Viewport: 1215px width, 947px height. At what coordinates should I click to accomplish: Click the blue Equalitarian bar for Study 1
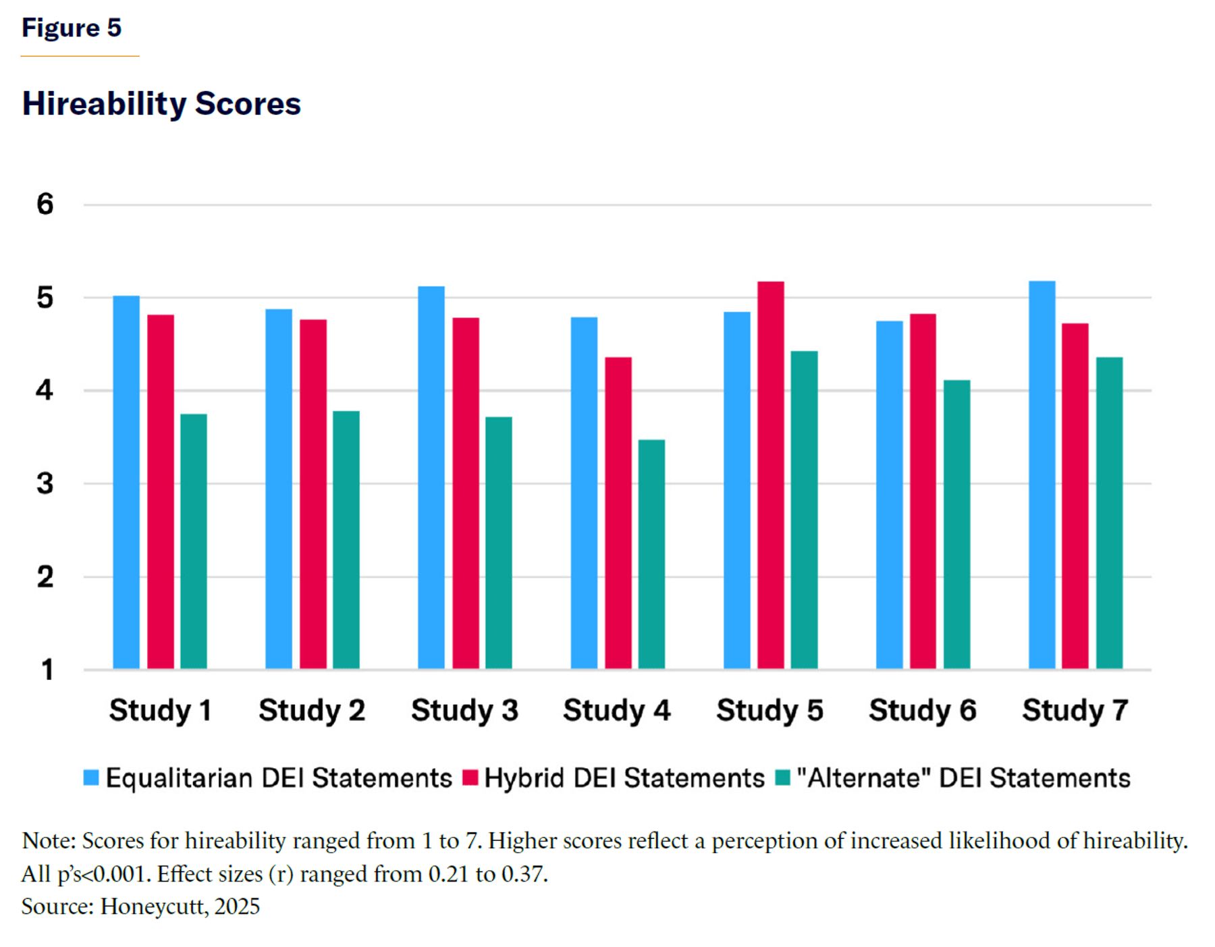point(126,482)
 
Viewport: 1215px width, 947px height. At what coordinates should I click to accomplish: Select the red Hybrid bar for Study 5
point(770,475)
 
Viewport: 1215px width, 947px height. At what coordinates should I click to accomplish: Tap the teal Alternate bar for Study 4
point(651,554)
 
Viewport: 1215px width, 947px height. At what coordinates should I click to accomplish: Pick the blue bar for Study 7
point(1042,475)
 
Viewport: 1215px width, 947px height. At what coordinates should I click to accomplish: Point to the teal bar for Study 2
point(346,540)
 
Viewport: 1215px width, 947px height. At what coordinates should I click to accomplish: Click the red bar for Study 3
point(466,493)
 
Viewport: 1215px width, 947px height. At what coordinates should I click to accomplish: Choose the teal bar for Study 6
point(956,524)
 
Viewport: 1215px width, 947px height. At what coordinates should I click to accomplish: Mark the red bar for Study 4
point(618,513)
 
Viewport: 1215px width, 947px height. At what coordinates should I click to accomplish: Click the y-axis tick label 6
point(45,204)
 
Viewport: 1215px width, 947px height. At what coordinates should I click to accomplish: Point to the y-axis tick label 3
point(45,483)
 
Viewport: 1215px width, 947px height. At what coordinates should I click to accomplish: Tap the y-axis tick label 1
point(47,670)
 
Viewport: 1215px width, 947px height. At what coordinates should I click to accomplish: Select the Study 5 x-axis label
point(769,710)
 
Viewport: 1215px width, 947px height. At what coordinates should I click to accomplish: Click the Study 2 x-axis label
point(312,710)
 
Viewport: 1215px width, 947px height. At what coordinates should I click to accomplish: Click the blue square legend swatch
point(91,778)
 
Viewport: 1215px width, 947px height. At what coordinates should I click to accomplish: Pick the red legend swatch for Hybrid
point(470,778)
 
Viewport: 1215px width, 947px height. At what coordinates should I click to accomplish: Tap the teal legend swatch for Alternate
point(782,778)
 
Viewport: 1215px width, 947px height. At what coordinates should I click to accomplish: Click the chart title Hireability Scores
point(161,104)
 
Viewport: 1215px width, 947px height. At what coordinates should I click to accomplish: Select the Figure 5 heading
point(72,28)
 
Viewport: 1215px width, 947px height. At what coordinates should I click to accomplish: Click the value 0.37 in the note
point(524,874)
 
